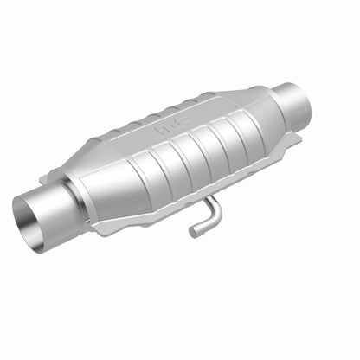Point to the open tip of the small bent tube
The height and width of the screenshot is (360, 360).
click(192, 232)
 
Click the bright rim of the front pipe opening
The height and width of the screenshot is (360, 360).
click(18, 216)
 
